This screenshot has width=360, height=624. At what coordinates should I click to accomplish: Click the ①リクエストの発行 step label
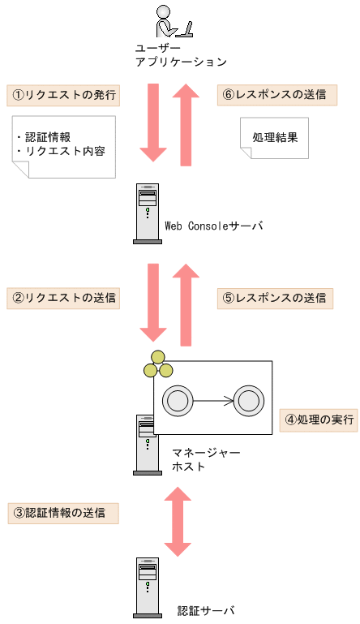tap(63, 94)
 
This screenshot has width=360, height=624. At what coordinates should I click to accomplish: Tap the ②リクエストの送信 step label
tap(63, 297)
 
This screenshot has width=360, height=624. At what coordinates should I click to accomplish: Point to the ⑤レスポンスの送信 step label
tap(276, 297)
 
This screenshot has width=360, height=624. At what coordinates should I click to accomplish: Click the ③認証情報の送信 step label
tap(63, 513)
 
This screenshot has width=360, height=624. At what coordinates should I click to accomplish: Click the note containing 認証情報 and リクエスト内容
tap(64, 145)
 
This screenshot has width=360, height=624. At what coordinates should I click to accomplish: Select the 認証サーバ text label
tap(205, 610)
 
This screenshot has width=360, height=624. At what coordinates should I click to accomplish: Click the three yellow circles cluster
tap(157, 366)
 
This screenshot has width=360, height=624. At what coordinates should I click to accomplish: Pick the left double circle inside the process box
tap(178, 400)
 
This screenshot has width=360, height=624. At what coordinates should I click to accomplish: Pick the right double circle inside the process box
tap(247, 400)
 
